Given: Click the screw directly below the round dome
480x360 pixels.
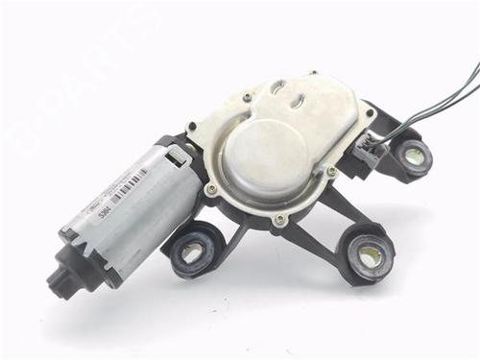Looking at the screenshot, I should point(279,220).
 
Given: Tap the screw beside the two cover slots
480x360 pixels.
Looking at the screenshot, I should point(248,97).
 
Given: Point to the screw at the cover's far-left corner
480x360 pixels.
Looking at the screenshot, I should point(191,125).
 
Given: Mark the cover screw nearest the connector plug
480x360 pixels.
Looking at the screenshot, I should point(332,172).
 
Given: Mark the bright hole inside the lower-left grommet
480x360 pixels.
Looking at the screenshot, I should point(192,253).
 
